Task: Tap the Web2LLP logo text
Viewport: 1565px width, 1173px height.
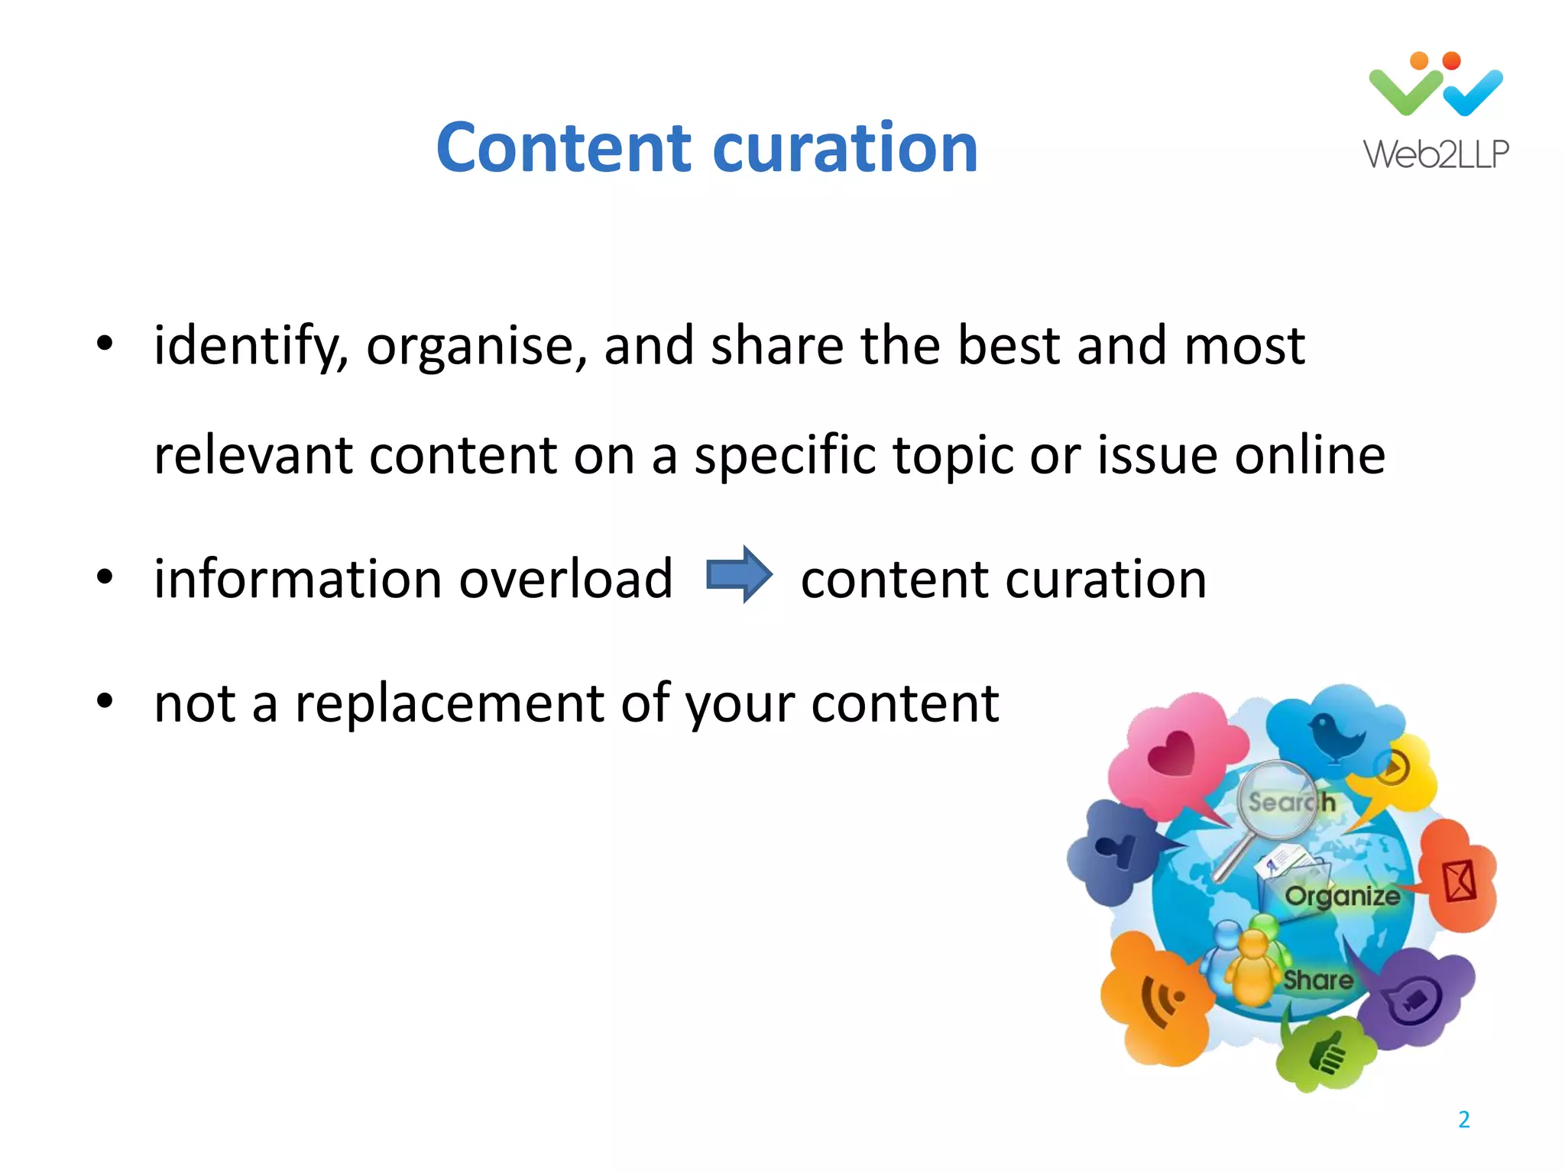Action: point(1436,155)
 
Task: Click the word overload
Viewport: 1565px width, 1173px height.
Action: point(565,579)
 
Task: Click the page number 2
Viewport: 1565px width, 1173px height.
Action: point(1463,1120)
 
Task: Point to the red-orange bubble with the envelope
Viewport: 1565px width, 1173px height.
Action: point(1458,878)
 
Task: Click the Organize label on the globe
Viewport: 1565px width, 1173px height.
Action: point(1342,896)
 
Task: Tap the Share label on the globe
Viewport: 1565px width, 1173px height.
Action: point(1317,980)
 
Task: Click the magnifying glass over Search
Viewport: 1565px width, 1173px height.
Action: point(1275,802)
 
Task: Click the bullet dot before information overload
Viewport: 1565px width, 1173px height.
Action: point(105,577)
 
